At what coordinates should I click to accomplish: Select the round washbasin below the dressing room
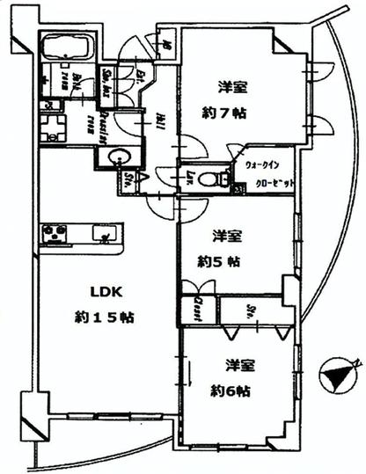pos(115,158)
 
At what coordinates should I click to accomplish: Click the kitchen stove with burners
pos(55,234)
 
